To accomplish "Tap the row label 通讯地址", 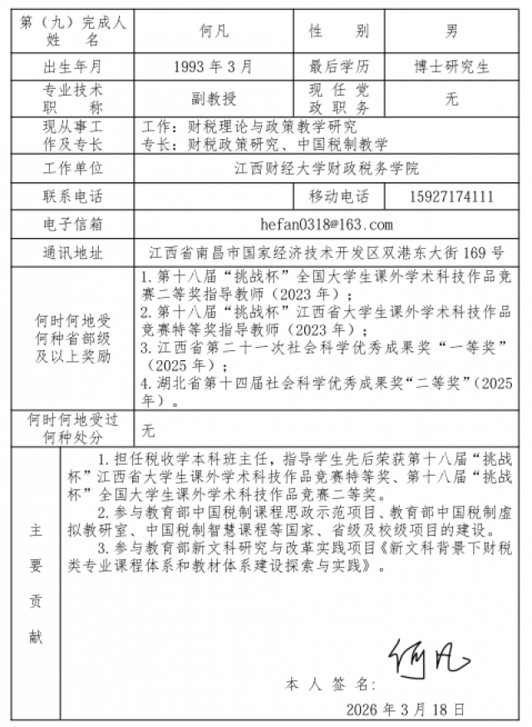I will [x=72, y=253].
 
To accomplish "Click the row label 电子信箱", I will [x=72, y=225].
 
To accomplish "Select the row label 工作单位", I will [x=72, y=168].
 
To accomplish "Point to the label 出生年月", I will [x=72, y=66].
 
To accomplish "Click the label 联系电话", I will [x=72, y=196].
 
